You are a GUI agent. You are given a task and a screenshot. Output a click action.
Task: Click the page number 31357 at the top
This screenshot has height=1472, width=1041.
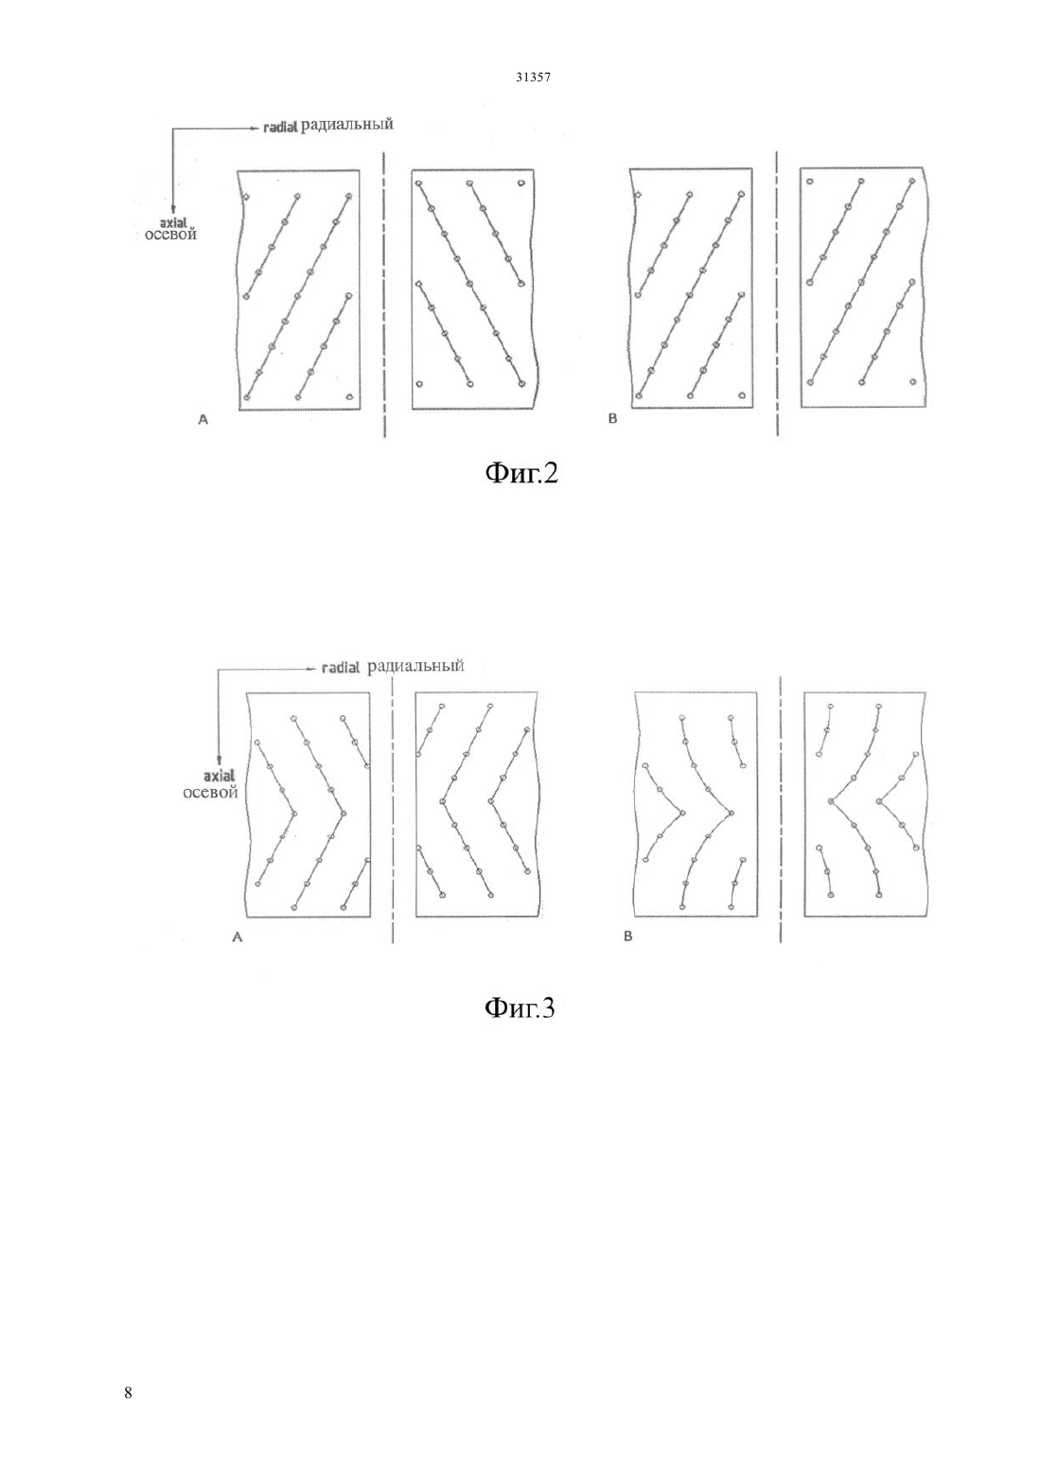click(x=533, y=77)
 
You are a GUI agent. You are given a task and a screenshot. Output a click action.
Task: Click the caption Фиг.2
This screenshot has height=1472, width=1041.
click(x=521, y=472)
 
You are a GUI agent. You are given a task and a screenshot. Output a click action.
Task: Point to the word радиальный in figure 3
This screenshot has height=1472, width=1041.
click(x=416, y=666)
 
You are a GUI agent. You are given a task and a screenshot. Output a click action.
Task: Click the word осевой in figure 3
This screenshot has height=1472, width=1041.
click(x=210, y=793)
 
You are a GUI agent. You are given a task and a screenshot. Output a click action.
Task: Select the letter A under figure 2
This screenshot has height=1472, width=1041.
click(x=203, y=419)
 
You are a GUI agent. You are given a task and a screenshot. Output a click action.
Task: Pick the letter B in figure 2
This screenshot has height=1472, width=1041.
click(x=612, y=418)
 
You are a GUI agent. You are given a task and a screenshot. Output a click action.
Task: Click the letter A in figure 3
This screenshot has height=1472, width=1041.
click(x=238, y=938)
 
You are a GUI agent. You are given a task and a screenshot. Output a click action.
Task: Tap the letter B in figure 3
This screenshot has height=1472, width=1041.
click(x=627, y=938)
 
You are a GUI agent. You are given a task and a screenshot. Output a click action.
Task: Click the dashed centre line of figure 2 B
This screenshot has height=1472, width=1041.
click(x=777, y=293)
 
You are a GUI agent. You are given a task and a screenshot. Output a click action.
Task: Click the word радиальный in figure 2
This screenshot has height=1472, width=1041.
click(x=347, y=124)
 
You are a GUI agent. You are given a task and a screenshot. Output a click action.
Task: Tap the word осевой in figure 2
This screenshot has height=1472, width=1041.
click(x=170, y=234)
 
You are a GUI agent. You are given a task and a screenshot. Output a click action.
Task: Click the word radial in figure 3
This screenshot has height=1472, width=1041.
click(x=341, y=668)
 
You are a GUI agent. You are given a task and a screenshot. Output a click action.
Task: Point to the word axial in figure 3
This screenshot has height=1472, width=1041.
click(x=219, y=776)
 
